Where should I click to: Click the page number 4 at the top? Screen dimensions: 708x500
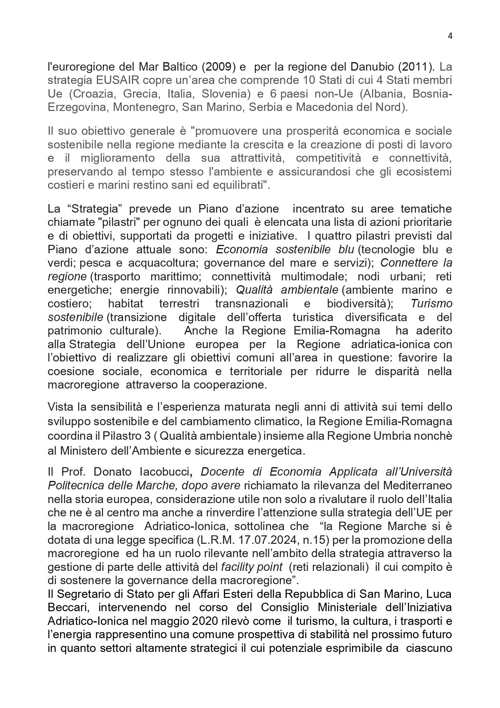[450, 36]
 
